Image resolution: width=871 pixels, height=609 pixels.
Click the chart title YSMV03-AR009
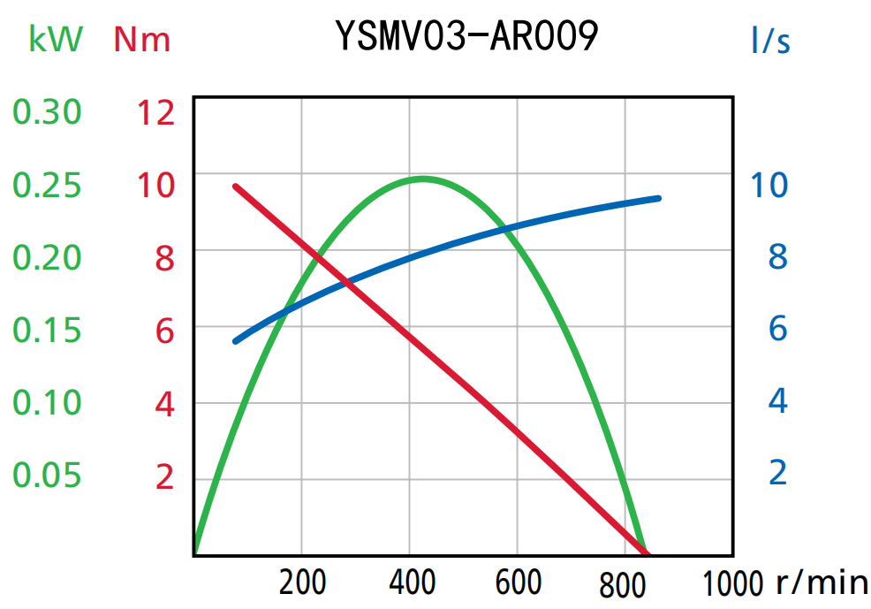(466, 37)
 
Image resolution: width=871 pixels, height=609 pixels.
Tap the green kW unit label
(56, 39)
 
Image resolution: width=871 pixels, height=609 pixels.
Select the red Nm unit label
(142, 39)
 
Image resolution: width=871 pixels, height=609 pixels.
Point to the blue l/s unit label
(770, 40)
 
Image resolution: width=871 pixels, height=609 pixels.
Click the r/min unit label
(822, 582)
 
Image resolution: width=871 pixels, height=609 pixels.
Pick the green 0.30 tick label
(47, 112)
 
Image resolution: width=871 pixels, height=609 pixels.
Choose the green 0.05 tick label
(47, 476)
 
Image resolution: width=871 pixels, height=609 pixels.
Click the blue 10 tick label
(769, 185)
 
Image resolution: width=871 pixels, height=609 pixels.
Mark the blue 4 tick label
(777, 400)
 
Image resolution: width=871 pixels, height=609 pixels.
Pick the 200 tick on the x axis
(302, 582)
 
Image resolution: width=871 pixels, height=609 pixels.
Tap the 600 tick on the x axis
(519, 582)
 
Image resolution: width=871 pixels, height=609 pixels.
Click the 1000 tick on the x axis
(733, 582)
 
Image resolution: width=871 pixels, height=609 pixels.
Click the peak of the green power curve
(422, 179)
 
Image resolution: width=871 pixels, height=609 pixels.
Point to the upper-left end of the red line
(236, 187)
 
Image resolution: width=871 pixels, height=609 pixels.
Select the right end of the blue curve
(659, 198)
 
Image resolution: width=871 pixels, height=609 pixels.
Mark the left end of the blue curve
(235, 341)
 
